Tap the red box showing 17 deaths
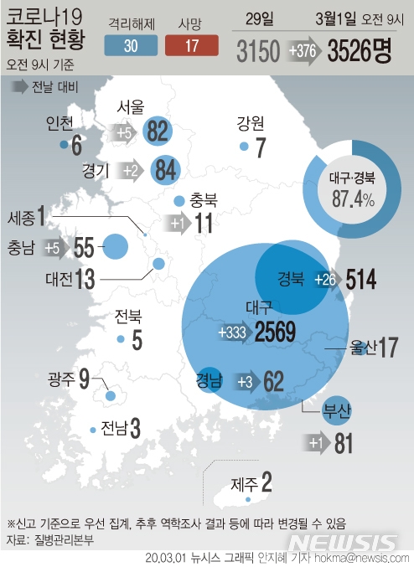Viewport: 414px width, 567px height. pos(191,45)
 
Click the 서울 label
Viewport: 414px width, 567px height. pos(131,106)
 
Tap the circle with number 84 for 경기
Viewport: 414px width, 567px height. pos(165,171)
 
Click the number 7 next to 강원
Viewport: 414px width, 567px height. pos(260,148)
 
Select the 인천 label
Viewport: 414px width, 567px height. pos(64,125)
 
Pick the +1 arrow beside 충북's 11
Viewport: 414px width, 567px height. pos(178,224)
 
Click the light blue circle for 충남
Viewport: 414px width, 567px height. pos(115,247)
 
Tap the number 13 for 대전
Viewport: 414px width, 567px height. pos(84,279)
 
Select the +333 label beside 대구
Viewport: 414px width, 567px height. pos(231,332)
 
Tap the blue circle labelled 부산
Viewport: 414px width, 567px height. pos(338,410)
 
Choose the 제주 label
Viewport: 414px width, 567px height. pos(242,483)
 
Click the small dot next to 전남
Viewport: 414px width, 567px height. pos(93,430)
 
